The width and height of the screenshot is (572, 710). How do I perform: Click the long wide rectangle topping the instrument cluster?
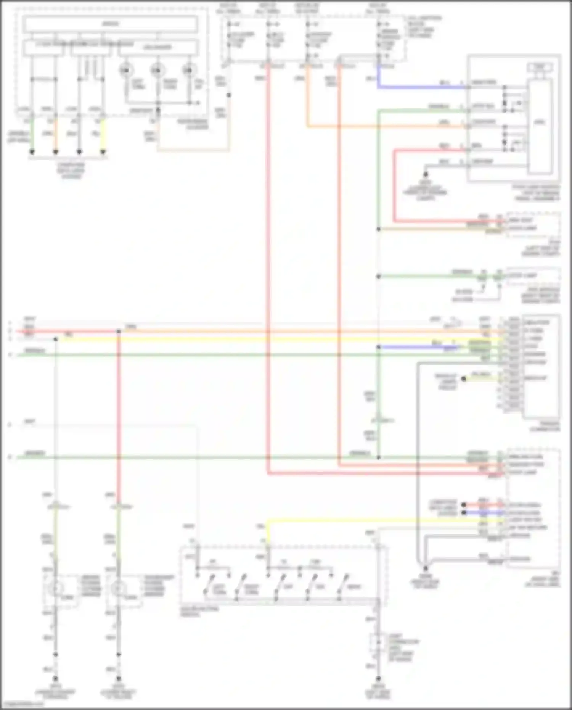click(x=110, y=24)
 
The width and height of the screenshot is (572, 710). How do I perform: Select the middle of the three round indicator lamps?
click(x=157, y=70)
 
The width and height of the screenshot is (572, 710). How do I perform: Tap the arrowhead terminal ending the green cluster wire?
click(x=32, y=152)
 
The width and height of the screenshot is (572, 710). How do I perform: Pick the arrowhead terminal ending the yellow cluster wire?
click(x=103, y=152)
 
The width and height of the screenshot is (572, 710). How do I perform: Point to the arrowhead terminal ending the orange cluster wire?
click(x=56, y=152)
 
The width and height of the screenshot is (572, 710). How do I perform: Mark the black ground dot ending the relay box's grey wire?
click(x=426, y=175)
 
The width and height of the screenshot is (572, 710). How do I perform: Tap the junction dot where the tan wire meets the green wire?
click(x=379, y=229)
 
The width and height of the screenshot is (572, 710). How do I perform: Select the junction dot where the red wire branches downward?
click(x=119, y=332)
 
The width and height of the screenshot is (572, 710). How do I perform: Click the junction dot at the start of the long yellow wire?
click(x=56, y=339)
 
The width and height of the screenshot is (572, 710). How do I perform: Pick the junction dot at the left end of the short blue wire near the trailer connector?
click(x=379, y=347)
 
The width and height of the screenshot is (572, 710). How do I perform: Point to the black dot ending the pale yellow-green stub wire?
click(x=463, y=379)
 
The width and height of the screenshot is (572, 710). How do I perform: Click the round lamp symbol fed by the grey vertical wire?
click(x=56, y=589)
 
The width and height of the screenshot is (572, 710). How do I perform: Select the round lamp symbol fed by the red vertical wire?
click(x=119, y=589)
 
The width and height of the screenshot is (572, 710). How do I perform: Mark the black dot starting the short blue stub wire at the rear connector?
click(x=464, y=513)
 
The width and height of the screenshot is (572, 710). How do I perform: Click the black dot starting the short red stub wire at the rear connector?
click(x=464, y=505)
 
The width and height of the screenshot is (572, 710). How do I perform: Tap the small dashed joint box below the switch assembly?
click(x=378, y=642)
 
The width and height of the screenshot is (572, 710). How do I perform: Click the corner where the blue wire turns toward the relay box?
click(x=379, y=87)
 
